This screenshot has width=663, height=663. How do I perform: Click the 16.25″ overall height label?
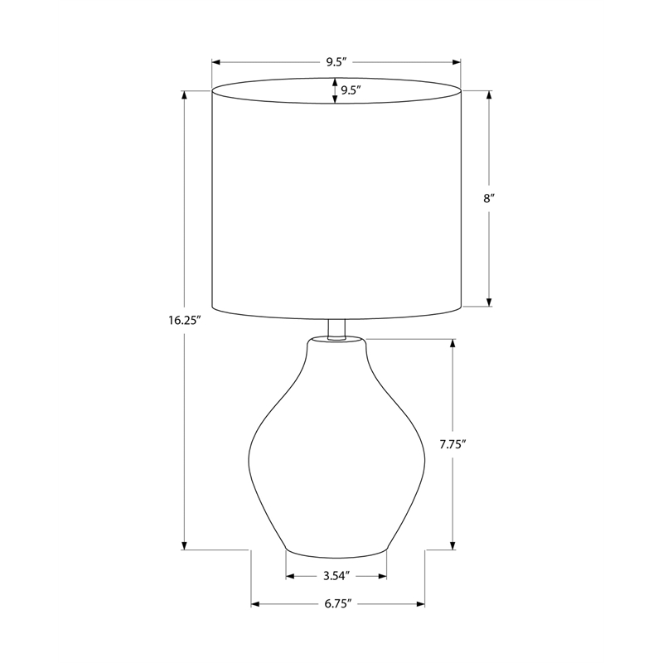click(184, 320)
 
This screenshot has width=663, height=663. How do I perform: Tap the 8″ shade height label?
click(489, 198)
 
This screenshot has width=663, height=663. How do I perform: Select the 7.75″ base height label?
click(452, 444)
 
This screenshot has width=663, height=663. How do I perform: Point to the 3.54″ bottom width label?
click(337, 576)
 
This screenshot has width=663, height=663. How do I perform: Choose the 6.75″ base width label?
click(338, 604)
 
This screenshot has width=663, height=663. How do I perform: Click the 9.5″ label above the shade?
click(336, 62)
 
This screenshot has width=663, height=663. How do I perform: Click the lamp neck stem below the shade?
click(336, 329)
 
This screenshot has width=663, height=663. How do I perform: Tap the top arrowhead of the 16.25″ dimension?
click(184, 95)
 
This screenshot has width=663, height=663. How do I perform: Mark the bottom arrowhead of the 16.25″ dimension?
click(184, 545)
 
